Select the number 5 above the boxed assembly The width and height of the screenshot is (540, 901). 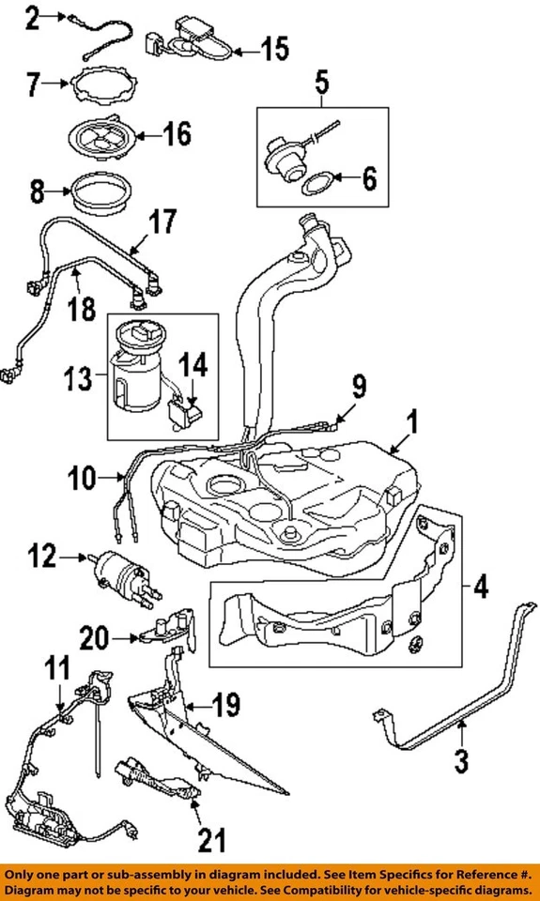[x=321, y=83]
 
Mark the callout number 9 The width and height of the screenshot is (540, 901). [x=358, y=385]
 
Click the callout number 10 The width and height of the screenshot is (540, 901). [x=82, y=478]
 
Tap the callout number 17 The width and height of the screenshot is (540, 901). [x=163, y=223]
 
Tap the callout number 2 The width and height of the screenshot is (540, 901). [x=31, y=18]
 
